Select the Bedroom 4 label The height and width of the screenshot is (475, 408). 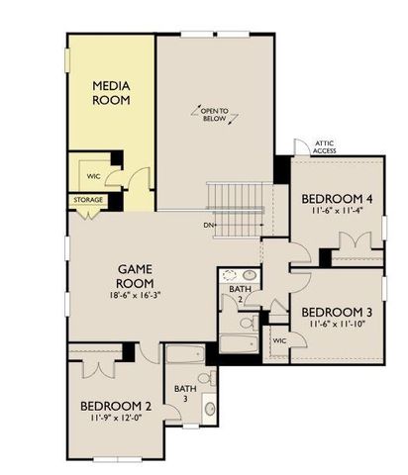tap(334, 197)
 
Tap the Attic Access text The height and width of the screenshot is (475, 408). tap(325, 146)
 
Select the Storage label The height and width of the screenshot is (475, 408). tap(87, 200)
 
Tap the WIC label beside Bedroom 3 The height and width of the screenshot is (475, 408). tap(279, 340)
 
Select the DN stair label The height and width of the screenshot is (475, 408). tap(210, 225)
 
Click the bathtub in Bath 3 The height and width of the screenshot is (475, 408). tap(184, 356)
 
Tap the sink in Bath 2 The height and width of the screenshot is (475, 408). tap(238, 276)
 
